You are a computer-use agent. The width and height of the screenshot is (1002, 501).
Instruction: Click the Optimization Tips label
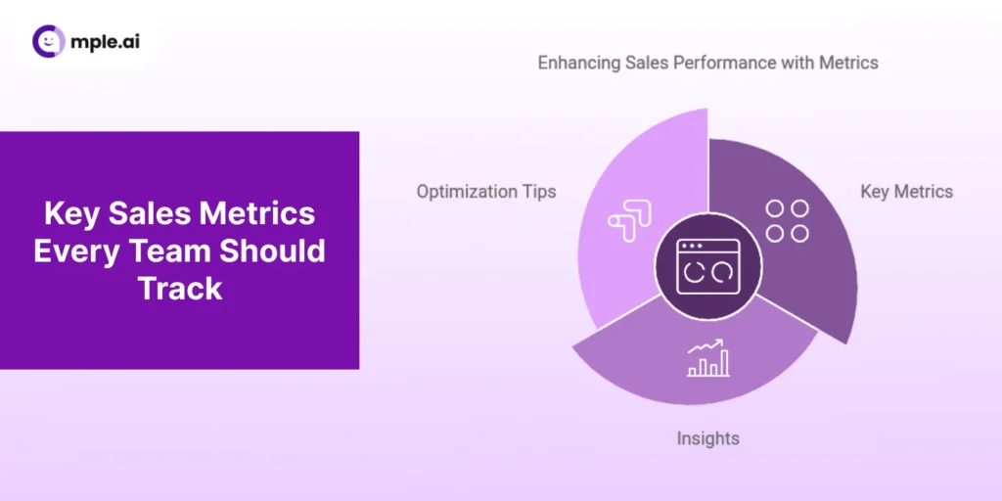pos(486,192)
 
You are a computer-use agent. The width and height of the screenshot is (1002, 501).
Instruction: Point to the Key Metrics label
pos(906,192)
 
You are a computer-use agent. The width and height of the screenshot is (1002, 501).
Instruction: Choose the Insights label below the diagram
pos(707,438)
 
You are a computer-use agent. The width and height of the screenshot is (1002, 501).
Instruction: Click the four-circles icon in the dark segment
pos(787,220)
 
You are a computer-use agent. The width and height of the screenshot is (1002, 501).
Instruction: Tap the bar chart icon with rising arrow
pos(707,358)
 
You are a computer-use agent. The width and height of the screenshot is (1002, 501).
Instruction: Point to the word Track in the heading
pos(180,288)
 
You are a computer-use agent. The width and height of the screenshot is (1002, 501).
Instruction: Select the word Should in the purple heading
pos(272,250)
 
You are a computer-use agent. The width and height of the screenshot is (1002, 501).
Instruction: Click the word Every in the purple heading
pos(73,250)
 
